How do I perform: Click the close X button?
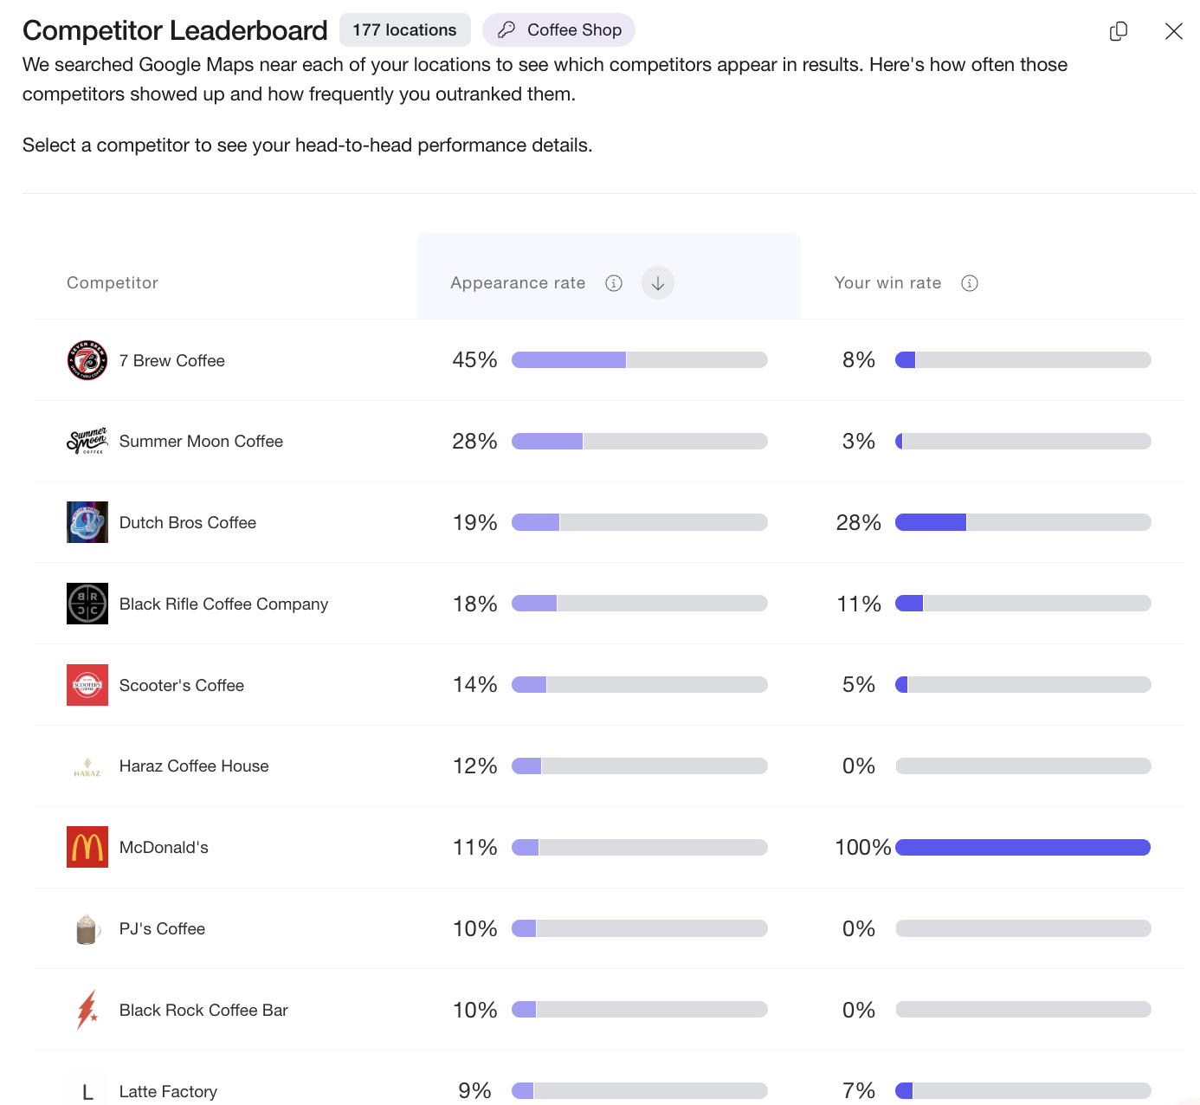[1173, 31]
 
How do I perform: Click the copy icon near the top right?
[1119, 31]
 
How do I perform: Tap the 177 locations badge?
[404, 30]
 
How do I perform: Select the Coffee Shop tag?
[559, 30]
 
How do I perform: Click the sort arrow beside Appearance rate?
[658, 283]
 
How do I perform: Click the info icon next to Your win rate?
[970, 283]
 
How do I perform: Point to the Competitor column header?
[113, 283]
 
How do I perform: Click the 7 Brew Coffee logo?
[87, 360]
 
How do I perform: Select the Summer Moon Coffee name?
[201, 442]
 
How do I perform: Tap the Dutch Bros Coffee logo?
[87, 522]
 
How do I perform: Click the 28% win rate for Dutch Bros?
[858, 522]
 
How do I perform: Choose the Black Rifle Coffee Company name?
[223, 604]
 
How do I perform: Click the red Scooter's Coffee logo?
[87, 685]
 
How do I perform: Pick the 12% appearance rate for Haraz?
[474, 766]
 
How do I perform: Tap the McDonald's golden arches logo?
[87, 847]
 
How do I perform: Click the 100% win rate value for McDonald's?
[862, 847]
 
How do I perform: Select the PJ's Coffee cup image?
[87, 929]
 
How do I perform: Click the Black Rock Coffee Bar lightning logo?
[87, 1010]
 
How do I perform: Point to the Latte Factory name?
[168, 1091]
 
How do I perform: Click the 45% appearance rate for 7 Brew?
[474, 360]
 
